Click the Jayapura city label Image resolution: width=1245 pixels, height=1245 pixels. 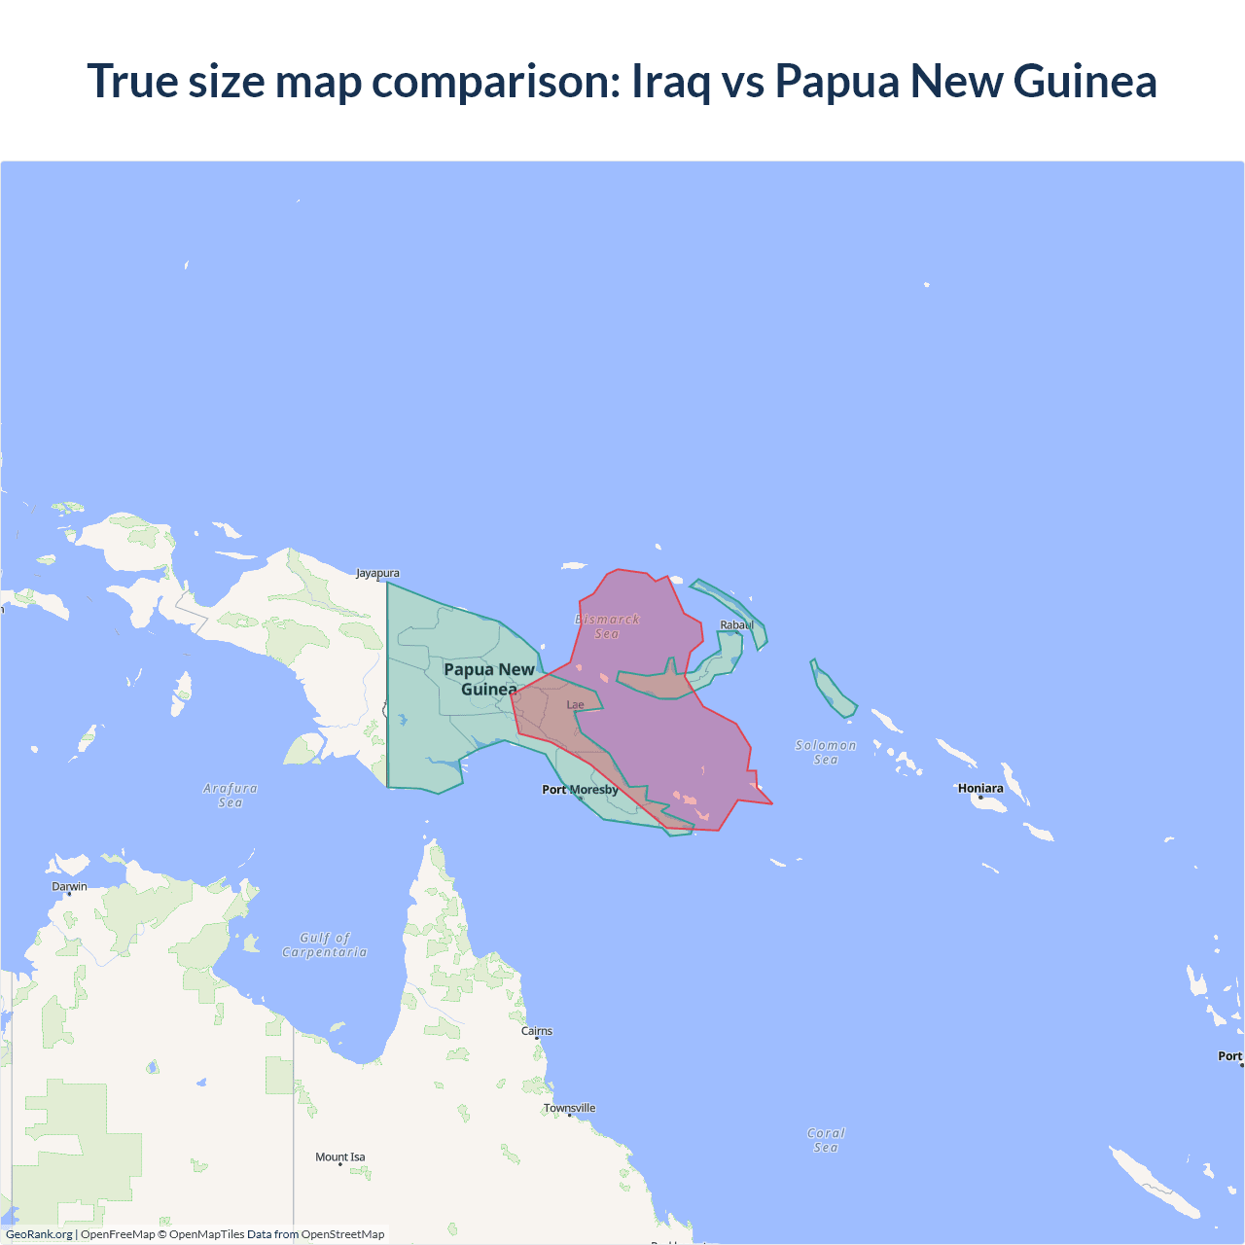pos(377,573)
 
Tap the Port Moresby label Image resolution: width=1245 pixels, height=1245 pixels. pos(580,790)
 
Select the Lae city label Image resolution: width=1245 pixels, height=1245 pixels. pos(576,705)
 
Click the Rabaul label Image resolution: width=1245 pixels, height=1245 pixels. pos(736,624)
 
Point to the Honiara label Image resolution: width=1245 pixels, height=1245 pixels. pos(980,788)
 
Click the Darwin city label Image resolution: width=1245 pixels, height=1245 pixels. pos(69,886)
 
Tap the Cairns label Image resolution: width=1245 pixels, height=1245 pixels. pos(537,1031)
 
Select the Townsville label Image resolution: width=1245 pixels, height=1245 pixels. pos(569,1108)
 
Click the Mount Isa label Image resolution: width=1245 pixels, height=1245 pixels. pos(340,1156)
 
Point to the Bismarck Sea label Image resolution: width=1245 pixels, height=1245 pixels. pos(607,626)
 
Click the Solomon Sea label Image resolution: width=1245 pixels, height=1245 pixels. pos(826,752)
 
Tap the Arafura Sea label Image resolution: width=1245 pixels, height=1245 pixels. pos(231,795)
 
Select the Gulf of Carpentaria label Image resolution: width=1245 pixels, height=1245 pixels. pos(325,944)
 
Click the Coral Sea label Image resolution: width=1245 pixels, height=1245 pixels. pos(826,1140)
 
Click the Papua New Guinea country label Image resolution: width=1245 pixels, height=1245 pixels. pos(489,679)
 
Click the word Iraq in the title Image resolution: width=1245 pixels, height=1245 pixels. pos(671,81)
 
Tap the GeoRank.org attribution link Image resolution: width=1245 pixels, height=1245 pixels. pos(39,1234)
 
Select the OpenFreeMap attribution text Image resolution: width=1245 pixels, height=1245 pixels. pos(118,1234)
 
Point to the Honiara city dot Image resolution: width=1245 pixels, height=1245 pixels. pos(980,798)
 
